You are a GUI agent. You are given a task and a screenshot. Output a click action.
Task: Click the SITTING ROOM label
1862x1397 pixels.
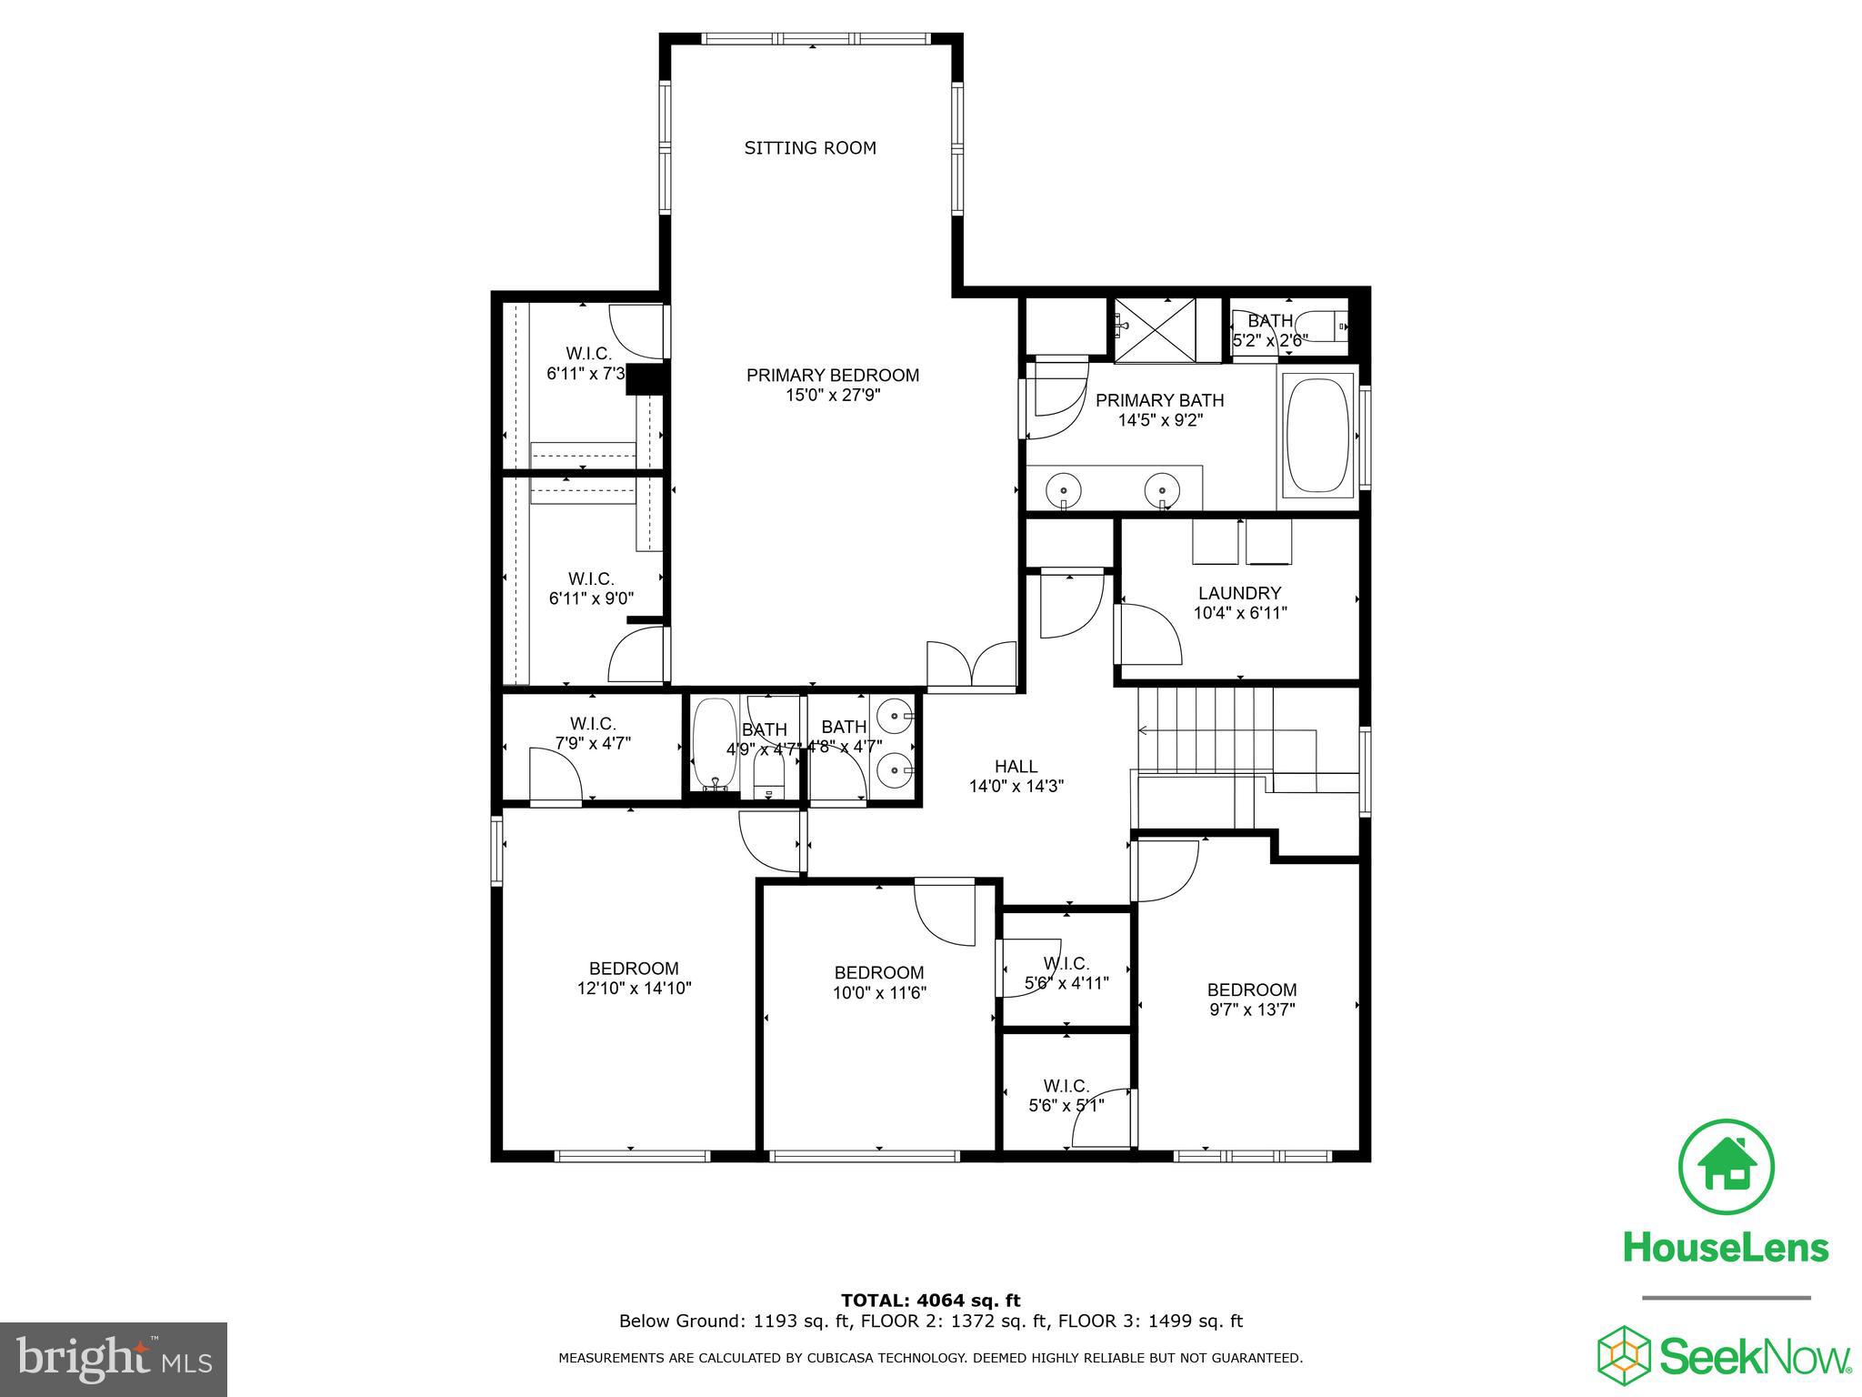coord(810,148)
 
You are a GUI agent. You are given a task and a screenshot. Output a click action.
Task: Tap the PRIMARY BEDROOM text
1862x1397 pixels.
coord(833,375)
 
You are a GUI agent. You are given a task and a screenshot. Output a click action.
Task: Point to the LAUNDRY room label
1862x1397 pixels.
coord(1239,593)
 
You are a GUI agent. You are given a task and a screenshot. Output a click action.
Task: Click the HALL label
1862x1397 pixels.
coord(1016,767)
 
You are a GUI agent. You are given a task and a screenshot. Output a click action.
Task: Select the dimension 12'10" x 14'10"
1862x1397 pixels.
coord(634,989)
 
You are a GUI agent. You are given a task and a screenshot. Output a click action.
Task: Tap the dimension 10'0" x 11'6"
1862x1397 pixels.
coord(878,993)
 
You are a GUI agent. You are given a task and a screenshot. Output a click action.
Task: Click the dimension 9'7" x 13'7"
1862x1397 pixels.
coord(1251,1010)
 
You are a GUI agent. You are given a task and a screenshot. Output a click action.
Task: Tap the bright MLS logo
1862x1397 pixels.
coord(114,1360)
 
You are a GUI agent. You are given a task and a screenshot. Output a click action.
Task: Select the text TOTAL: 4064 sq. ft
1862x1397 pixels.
coord(930,1301)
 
